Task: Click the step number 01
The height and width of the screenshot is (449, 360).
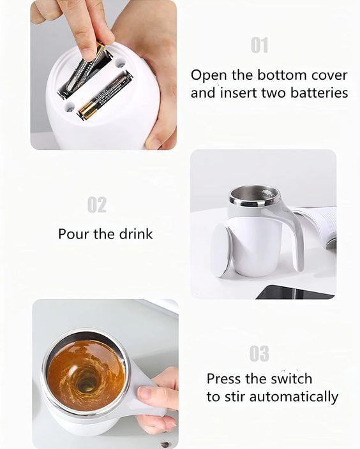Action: click(259, 45)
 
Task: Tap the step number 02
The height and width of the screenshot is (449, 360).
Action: click(97, 205)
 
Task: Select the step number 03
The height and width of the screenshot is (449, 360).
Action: click(259, 353)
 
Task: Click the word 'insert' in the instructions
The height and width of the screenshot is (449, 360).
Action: click(239, 93)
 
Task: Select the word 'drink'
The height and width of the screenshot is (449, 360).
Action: click(135, 234)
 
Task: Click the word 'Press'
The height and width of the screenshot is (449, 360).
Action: click(224, 378)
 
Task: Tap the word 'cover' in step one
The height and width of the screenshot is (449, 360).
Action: click(326, 75)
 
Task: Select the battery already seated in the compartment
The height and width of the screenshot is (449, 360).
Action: click(105, 96)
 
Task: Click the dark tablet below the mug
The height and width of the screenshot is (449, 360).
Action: click(294, 292)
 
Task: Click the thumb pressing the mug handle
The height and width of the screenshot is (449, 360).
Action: click(151, 394)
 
